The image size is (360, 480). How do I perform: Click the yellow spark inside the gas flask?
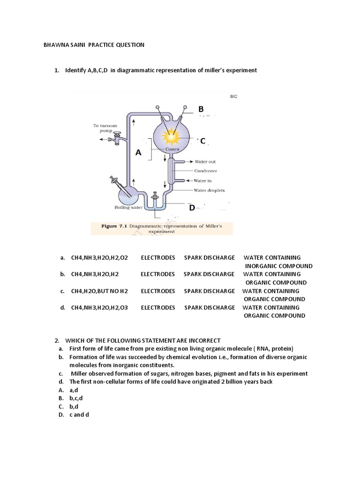(x=170, y=136)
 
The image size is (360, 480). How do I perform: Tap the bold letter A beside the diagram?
(x=138, y=152)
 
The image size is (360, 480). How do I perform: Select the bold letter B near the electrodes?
(x=201, y=109)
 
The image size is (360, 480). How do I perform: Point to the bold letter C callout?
(x=203, y=141)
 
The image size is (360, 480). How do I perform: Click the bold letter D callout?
(x=191, y=208)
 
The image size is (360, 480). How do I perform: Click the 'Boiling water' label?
(x=128, y=207)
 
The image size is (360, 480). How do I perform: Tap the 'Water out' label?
(x=205, y=162)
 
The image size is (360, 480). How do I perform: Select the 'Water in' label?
(x=204, y=180)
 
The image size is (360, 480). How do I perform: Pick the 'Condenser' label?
(x=205, y=171)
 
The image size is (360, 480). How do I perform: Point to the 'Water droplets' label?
(x=209, y=190)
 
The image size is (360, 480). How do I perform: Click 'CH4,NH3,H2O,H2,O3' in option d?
(x=99, y=307)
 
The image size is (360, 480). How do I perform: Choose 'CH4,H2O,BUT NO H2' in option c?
(x=99, y=291)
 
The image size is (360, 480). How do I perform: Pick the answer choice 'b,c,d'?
(x=76, y=398)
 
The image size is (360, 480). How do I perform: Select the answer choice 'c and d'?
(x=79, y=415)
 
